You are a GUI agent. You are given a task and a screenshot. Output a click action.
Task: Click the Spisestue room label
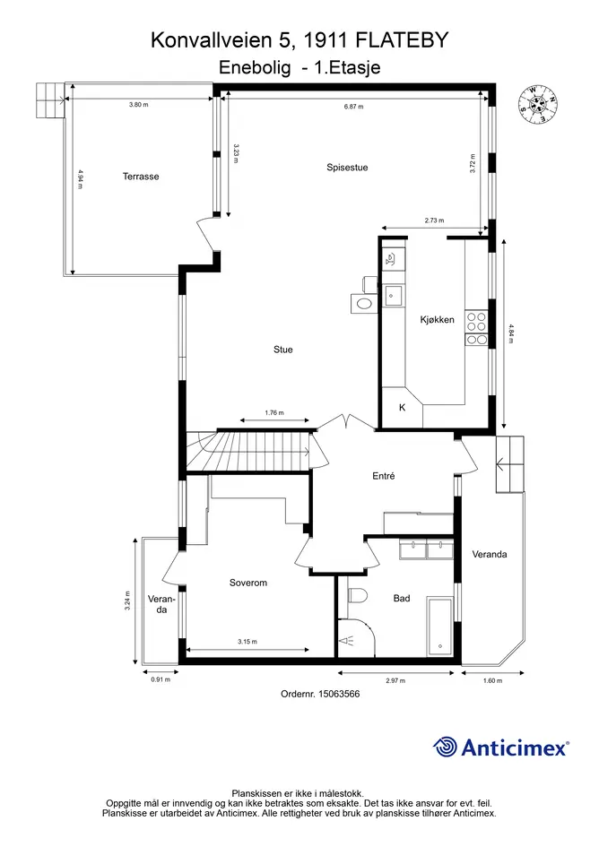click(x=347, y=168)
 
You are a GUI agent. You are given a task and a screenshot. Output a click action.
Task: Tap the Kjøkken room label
click(x=437, y=319)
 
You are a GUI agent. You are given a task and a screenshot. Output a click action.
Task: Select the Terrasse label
click(x=141, y=176)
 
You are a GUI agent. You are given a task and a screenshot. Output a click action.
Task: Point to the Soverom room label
click(x=248, y=583)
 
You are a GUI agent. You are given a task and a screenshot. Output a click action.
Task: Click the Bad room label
click(x=402, y=598)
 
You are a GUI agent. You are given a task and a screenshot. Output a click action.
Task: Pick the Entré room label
click(x=383, y=476)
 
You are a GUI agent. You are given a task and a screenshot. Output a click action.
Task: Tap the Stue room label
click(x=282, y=350)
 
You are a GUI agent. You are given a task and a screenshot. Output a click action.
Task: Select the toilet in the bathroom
click(x=357, y=595)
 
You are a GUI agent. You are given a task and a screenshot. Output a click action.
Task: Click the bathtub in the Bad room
click(x=440, y=627)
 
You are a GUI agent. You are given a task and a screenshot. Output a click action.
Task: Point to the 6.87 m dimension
click(x=353, y=107)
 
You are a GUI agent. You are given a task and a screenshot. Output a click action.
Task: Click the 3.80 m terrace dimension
click(x=138, y=104)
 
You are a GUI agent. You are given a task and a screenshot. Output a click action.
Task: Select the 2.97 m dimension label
click(x=395, y=680)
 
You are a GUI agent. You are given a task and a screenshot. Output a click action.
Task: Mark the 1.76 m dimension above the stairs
click(x=274, y=412)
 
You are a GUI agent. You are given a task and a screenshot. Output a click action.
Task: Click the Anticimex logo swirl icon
click(x=445, y=748)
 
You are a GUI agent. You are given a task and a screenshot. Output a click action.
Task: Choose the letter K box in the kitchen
click(x=403, y=407)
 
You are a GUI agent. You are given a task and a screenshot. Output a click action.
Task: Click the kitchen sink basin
click(x=393, y=296)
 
